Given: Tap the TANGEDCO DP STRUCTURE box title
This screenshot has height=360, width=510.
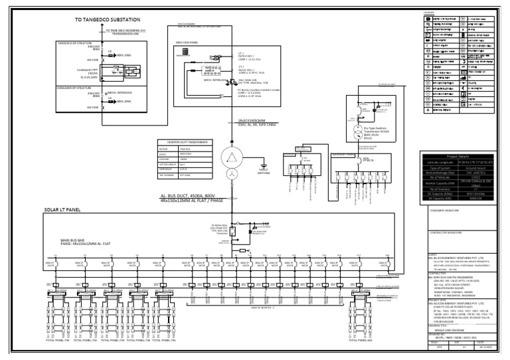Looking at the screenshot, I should (x=76, y=43).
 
